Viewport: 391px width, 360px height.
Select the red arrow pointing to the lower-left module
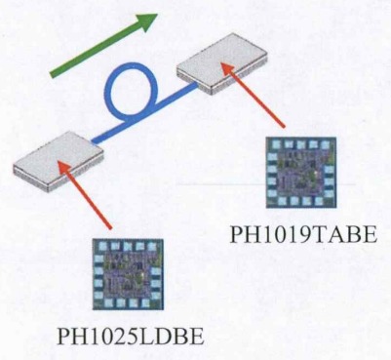[x=89, y=200]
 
